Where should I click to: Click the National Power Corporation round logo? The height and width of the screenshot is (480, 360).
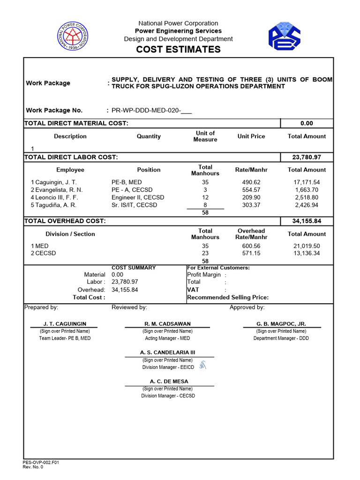72,37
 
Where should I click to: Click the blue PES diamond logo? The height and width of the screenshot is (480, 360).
284,37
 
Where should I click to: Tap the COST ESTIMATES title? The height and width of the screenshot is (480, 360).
178,50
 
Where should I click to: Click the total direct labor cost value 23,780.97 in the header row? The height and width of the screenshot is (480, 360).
307,157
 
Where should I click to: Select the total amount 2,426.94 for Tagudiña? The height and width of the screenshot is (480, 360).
307,205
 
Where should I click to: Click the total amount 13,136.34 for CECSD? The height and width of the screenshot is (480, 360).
307,254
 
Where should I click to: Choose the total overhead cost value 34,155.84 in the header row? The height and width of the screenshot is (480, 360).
307,221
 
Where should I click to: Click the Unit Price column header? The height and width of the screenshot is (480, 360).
251,136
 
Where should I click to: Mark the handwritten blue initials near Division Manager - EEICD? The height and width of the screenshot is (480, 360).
202,365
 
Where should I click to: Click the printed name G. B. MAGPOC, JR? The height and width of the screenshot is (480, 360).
281,324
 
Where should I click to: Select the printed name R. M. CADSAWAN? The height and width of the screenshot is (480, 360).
167,324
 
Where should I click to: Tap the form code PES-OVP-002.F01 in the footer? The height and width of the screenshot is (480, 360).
41,463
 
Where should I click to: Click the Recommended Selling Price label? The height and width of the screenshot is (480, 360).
228,298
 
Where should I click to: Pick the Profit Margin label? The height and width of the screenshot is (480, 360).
204,275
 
